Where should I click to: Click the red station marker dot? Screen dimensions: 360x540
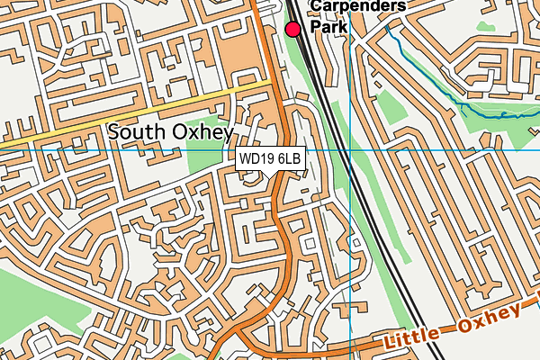(x=292, y=30)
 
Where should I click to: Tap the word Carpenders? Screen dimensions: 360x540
(x=357, y=7)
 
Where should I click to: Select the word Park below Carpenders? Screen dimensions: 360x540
(x=328, y=27)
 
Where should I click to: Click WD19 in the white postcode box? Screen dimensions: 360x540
(x=256, y=159)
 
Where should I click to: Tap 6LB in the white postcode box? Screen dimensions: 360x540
(x=289, y=159)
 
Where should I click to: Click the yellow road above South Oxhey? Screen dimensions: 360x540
(x=135, y=112)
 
